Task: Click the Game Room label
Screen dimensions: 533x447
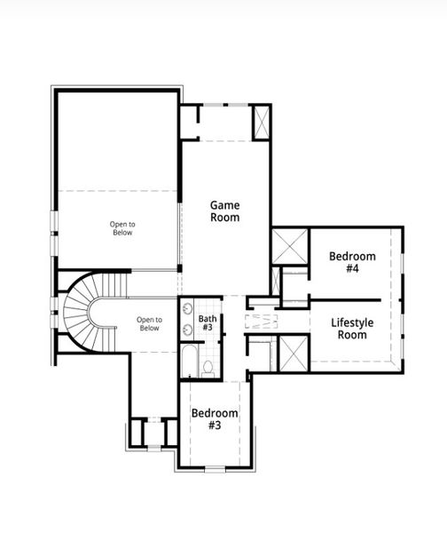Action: [224, 211]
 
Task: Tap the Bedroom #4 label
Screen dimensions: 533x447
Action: [352, 262]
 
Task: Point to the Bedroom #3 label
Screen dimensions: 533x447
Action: [215, 419]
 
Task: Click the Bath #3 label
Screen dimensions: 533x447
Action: [208, 323]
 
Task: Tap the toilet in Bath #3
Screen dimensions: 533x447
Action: [208, 366]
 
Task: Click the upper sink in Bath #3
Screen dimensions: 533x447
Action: [187, 310]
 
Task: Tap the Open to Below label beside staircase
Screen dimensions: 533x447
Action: [148, 323]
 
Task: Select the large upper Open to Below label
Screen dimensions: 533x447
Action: [122, 227]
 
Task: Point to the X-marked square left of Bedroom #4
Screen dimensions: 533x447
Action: [289, 244]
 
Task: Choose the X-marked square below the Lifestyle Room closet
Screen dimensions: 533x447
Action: [291, 354]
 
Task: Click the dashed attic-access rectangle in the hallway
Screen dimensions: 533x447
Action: [262, 321]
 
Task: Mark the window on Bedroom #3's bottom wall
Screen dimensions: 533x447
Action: [216, 466]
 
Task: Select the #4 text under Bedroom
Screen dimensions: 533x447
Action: [352, 269]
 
